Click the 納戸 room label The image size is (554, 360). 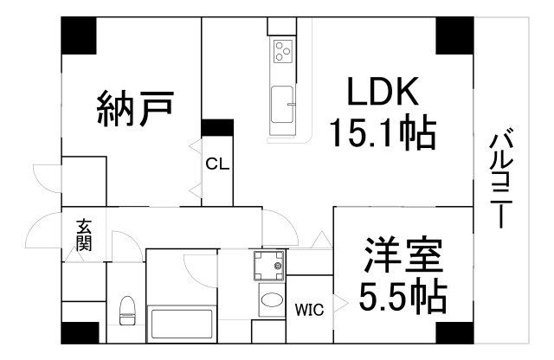tap(135, 108)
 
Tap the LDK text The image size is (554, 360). tap(383, 91)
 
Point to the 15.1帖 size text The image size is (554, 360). tap(383, 132)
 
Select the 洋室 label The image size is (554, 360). tap(404, 255)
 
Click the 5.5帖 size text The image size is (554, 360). tap(403, 297)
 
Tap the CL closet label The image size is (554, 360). tap(217, 164)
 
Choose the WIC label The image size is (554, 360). tap(310, 310)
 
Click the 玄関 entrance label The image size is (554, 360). tap(84, 235)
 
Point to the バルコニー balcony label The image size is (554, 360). tap(501, 178)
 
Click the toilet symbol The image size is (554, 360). tap(127, 311)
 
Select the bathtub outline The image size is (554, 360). tap(182, 324)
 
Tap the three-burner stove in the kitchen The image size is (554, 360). tap(283, 52)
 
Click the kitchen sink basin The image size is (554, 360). tap(282, 105)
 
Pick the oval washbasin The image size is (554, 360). tap(272, 300)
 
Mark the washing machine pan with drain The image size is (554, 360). tap(269, 266)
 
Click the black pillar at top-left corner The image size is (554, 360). tap(79, 35)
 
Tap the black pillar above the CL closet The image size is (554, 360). tap(217, 127)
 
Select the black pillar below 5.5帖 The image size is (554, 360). tap(454, 333)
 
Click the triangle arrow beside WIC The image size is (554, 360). tap(341, 304)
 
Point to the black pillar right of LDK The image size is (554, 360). tap(454, 35)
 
